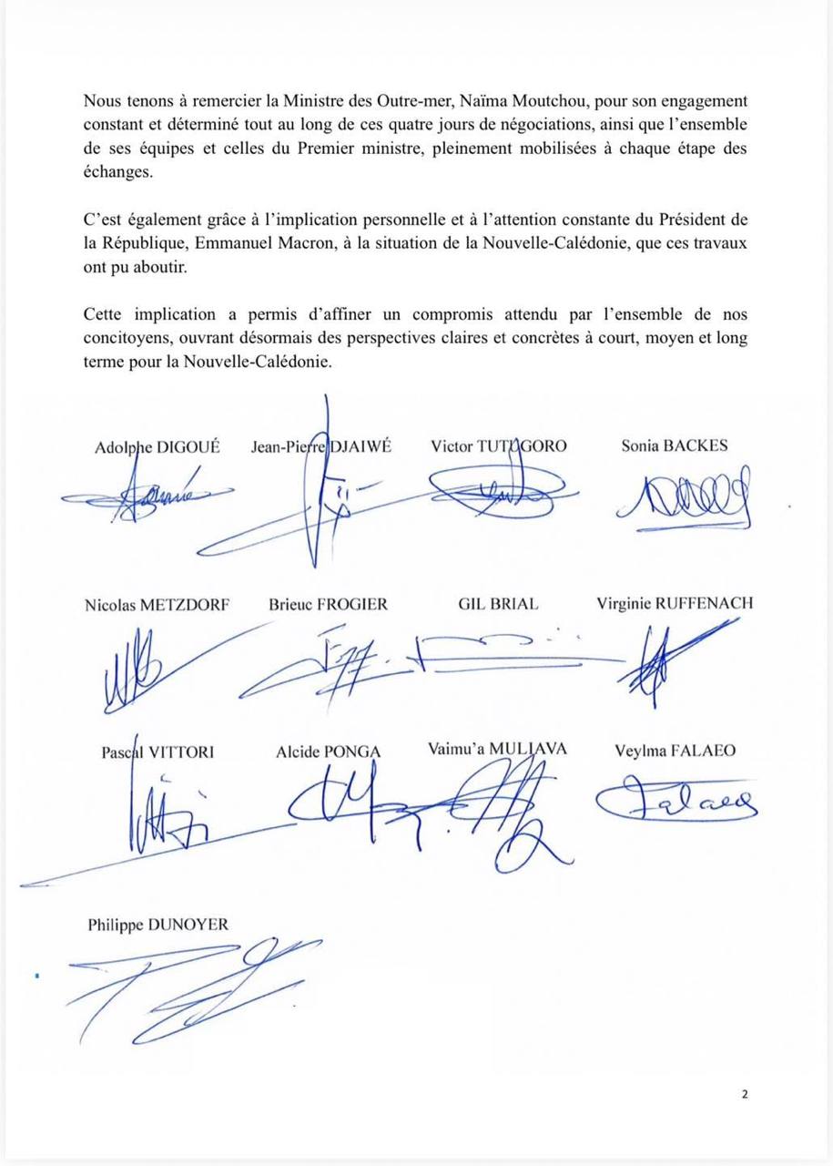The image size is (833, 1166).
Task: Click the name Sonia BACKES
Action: point(674,446)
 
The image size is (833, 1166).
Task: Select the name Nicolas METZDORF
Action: point(157,604)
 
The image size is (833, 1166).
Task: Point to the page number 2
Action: point(745,1094)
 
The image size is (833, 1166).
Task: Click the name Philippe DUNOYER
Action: point(157,926)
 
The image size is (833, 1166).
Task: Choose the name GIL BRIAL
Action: point(498,604)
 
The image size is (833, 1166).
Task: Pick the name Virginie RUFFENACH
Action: point(675,604)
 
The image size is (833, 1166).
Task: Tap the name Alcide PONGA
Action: point(328,752)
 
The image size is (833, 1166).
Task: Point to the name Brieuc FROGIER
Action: point(328,604)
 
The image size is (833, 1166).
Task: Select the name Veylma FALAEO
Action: point(676,752)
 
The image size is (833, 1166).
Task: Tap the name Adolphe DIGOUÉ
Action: point(157,447)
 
